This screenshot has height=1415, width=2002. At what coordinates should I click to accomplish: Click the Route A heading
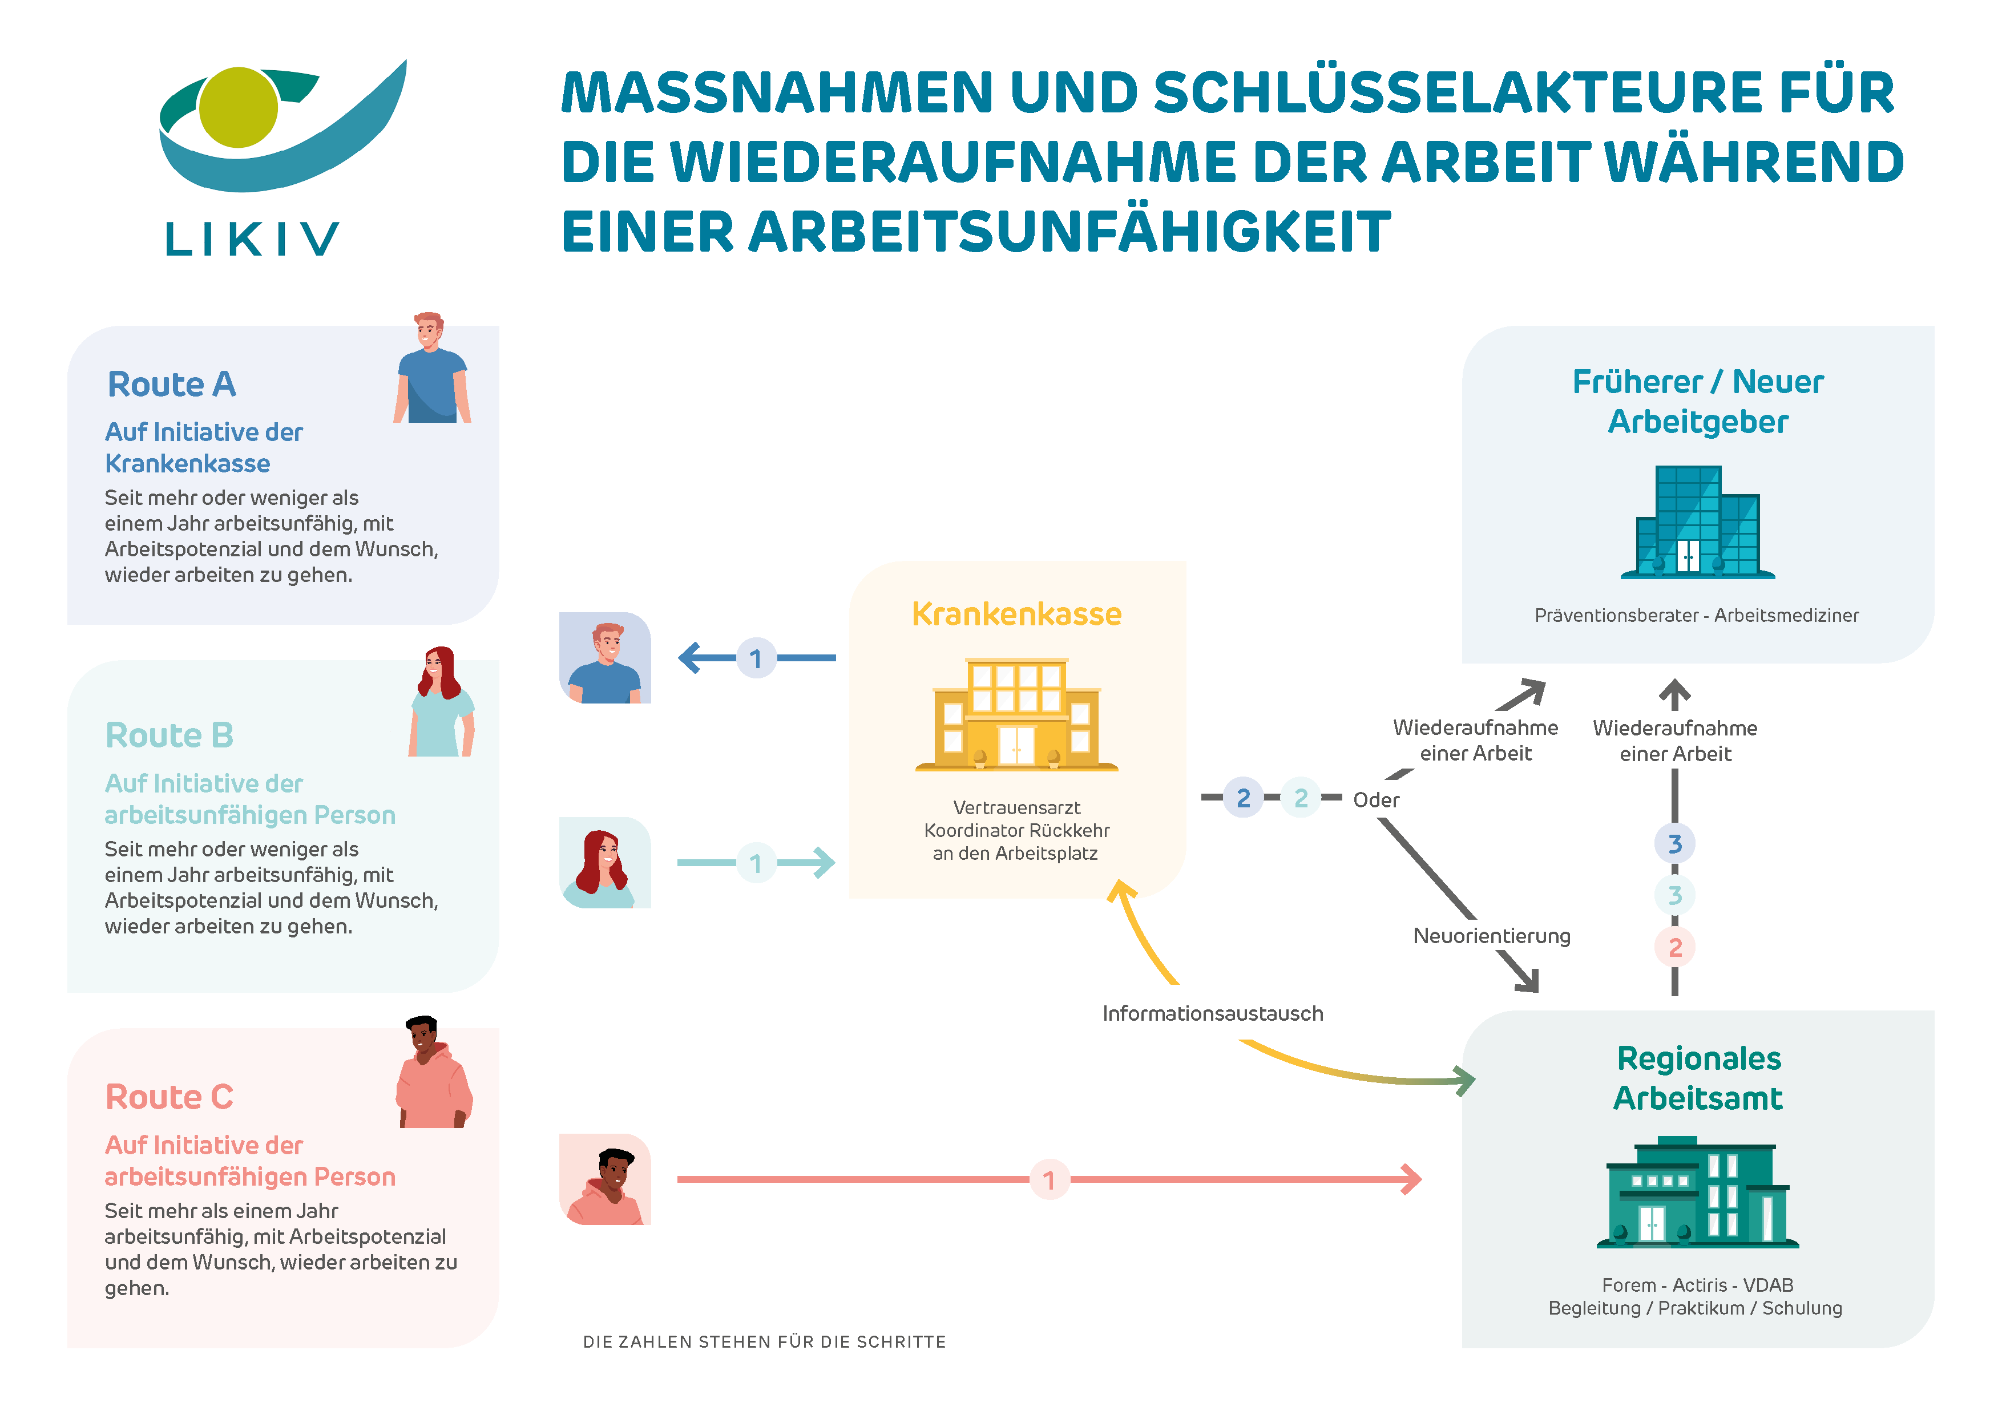(x=172, y=385)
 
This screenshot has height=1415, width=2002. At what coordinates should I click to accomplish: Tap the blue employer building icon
(x=1697, y=523)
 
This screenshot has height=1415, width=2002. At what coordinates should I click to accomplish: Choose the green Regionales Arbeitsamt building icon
(x=1697, y=1192)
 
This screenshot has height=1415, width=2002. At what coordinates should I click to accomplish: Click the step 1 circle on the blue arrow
(x=756, y=658)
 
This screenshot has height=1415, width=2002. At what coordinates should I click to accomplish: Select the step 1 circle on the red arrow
(x=1049, y=1179)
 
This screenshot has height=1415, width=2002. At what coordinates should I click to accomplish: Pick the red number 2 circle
(x=1674, y=948)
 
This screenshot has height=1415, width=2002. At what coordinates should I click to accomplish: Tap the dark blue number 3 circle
(x=1674, y=844)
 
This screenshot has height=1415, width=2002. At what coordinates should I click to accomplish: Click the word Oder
(x=1376, y=799)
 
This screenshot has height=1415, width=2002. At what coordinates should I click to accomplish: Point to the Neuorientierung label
(x=1491, y=936)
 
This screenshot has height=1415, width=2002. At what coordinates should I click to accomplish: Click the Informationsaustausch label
(x=1212, y=1014)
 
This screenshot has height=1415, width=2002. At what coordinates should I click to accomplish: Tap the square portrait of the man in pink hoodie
(x=604, y=1179)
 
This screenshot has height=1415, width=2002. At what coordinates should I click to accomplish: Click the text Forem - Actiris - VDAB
(x=1697, y=1285)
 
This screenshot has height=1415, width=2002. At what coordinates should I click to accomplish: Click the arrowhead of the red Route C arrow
(x=1412, y=1179)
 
